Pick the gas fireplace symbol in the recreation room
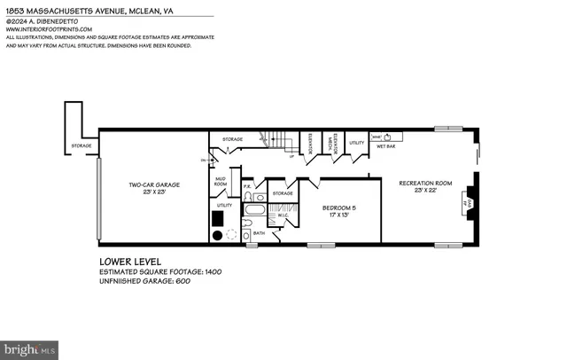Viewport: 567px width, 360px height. pyautogui.click(x=468, y=203)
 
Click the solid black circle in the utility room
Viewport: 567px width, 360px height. pyautogui.click(x=217, y=236)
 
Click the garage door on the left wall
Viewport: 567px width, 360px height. pyautogui.click(x=98, y=200)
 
